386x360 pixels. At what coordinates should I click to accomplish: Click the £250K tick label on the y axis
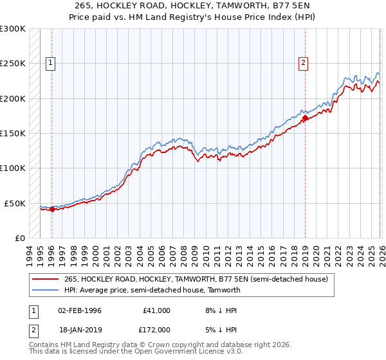[x=13, y=64]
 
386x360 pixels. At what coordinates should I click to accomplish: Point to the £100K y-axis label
[x=13, y=168]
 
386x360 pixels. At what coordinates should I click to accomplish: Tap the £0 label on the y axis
[x=19, y=238]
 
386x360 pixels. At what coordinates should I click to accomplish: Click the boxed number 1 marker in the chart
[x=51, y=62]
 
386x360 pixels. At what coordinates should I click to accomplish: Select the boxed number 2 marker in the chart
[x=303, y=62]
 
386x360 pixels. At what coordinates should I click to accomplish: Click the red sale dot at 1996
[x=52, y=209]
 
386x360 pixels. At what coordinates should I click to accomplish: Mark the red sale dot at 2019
[x=305, y=118]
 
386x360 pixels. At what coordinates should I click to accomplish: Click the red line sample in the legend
[x=45, y=279]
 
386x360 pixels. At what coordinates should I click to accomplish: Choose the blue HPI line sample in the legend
[x=45, y=290]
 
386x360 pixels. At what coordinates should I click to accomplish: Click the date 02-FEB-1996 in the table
[x=79, y=310]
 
